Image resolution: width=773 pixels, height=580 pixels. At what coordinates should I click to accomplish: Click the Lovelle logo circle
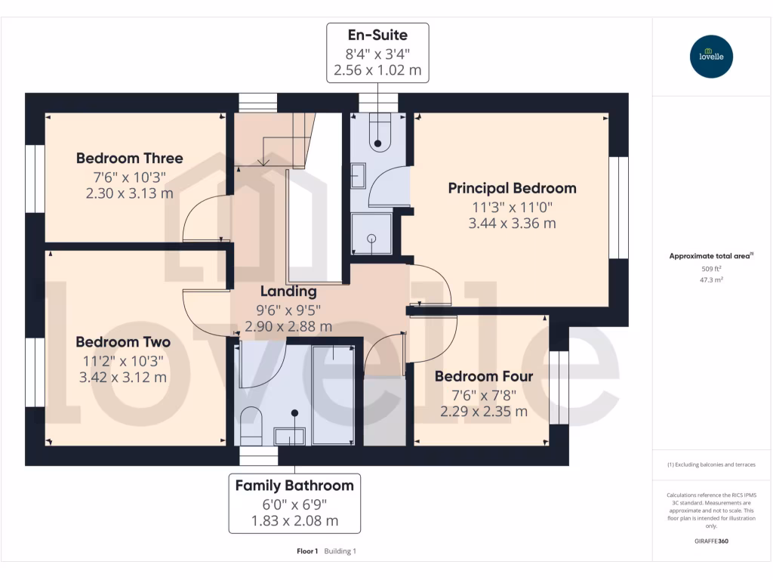click(711, 57)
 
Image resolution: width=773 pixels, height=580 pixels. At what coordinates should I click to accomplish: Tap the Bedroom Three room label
click(129, 159)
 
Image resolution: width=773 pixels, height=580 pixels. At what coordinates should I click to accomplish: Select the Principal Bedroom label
click(512, 188)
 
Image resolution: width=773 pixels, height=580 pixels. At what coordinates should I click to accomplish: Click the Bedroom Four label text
click(483, 376)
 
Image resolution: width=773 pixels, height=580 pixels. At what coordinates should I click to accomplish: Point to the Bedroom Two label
click(122, 342)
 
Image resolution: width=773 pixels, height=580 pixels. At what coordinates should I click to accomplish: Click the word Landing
click(288, 292)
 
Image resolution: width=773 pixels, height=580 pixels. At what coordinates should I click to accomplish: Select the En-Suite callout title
click(377, 35)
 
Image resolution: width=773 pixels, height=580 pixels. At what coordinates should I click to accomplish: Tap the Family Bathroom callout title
click(294, 485)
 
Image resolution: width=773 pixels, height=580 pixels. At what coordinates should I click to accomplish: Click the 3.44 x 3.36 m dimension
click(512, 223)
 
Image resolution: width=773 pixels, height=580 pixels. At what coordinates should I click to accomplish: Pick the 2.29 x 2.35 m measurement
click(483, 412)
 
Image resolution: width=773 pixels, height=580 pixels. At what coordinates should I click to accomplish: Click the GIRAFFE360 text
click(711, 541)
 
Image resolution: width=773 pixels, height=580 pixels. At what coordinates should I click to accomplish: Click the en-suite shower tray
click(371, 234)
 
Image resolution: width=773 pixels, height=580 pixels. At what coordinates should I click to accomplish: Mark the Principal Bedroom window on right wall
click(618, 208)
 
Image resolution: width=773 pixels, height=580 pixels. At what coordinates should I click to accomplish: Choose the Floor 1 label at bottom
click(307, 551)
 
